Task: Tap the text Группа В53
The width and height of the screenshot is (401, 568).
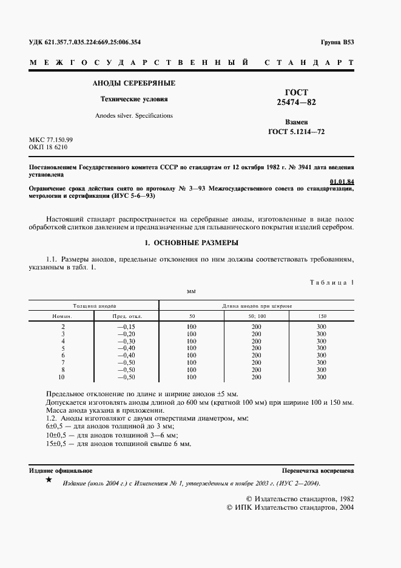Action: tap(337, 42)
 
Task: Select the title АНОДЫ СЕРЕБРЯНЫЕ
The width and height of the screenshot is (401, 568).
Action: tap(133, 83)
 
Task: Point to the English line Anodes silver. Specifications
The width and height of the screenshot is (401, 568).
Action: tap(133, 115)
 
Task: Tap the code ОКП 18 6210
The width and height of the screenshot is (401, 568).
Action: tap(49, 147)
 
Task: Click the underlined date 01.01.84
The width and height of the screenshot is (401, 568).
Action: tap(342, 181)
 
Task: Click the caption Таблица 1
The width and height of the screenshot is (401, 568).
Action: tap(331, 282)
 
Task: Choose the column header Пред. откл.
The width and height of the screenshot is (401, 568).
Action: tap(127, 316)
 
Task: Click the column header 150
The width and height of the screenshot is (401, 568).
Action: tap(322, 316)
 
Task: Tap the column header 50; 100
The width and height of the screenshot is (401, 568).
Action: tap(257, 316)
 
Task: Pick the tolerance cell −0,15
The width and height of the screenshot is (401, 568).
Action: tap(127, 327)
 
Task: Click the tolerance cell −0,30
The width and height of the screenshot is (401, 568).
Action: tap(127, 342)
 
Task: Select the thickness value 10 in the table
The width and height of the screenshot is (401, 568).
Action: tap(62, 377)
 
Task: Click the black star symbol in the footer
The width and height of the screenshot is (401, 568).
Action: tap(49, 481)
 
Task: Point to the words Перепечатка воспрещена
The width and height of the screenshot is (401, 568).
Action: tap(318, 471)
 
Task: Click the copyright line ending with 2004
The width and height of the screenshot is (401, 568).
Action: tap(290, 507)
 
